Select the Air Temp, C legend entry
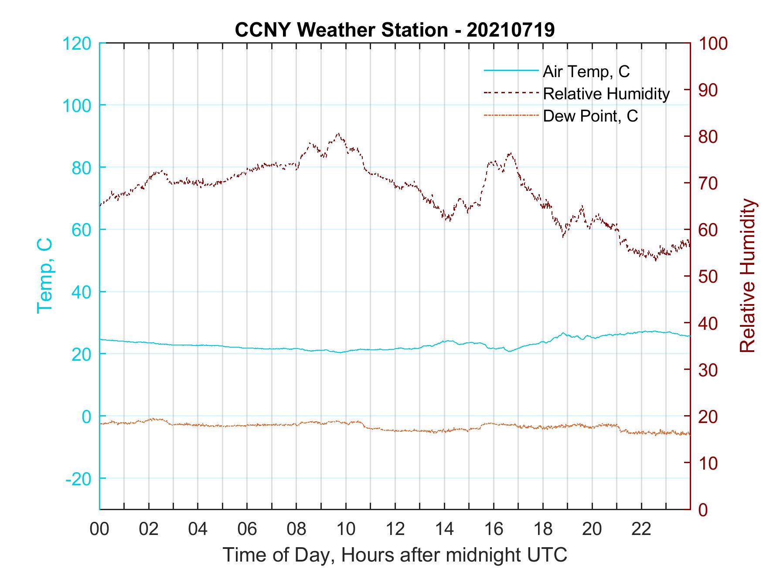pos(586,71)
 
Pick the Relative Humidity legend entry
pos(606,94)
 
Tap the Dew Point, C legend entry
pos(590,116)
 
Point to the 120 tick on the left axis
pos(77,44)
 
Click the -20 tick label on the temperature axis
pos(78,479)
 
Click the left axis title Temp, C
pos(44,275)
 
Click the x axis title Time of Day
pos(395,555)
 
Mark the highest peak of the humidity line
pos(338,133)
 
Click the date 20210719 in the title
pos(511,30)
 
